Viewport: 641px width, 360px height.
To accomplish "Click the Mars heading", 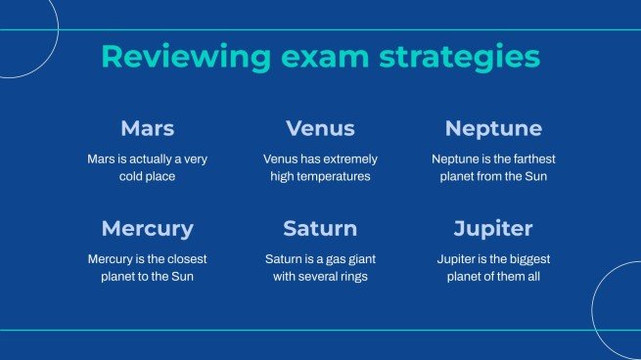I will click(147, 128).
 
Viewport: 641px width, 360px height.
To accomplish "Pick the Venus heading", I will click(320, 128).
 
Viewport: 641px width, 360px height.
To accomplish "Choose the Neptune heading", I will click(493, 128).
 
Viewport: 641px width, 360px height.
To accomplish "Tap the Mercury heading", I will click(147, 229).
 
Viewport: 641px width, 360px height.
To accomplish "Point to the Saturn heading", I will click(320, 229).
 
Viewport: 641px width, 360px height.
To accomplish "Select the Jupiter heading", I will click(493, 229).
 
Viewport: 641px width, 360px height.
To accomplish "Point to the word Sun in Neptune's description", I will click(535, 177).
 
